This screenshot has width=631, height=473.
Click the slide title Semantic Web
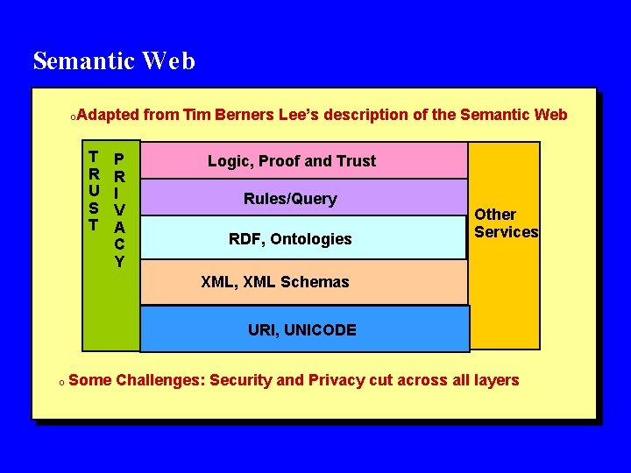(114, 61)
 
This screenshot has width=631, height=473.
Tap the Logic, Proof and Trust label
(291, 161)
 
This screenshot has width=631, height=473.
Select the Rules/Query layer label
(290, 199)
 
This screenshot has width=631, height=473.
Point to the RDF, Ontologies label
(290, 239)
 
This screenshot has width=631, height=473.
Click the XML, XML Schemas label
(274, 282)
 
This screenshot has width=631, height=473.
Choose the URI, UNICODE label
(301, 330)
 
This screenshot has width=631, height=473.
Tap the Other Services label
(507, 223)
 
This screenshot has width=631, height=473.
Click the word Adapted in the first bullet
(107, 115)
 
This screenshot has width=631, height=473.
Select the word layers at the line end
(496, 380)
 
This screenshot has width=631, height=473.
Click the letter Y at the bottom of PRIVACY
(119, 261)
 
